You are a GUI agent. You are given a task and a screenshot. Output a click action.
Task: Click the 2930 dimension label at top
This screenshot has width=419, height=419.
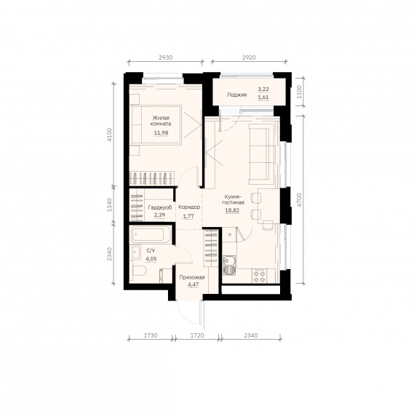[166, 57]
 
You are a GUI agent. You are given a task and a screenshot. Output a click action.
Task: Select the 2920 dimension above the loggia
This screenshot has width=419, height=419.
[249, 57]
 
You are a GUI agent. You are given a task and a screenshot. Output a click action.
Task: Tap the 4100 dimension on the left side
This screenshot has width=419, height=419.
[110, 135]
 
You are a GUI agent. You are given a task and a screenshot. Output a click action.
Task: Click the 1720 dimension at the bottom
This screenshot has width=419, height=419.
[197, 335]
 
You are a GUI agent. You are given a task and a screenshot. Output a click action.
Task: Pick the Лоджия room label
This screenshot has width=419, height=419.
[236, 95]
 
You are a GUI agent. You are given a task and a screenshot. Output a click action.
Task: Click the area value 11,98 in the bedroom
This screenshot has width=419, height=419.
[161, 132]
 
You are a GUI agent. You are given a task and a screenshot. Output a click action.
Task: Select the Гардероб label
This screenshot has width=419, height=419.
[160, 207]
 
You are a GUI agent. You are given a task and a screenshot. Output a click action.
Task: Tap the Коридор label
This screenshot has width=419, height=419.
[189, 207]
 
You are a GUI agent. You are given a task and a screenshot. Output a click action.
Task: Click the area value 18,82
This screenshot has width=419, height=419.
[232, 210]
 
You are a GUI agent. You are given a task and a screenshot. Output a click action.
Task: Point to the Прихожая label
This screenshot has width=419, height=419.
[192, 277]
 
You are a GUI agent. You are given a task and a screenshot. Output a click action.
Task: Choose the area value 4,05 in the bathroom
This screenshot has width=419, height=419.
[151, 259]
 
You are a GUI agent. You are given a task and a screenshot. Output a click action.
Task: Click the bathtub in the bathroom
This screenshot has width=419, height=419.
[151, 235]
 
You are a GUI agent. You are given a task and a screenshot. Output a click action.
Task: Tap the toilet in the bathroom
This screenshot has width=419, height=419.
[139, 271]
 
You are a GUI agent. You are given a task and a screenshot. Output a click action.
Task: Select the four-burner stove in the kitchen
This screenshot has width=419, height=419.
[260, 276]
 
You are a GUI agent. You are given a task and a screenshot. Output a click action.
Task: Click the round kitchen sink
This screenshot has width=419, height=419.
[228, 260]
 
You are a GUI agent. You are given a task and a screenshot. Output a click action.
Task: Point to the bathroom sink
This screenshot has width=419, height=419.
[136, 252]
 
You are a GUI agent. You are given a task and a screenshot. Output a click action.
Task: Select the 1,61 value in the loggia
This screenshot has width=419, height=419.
[263, 97]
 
